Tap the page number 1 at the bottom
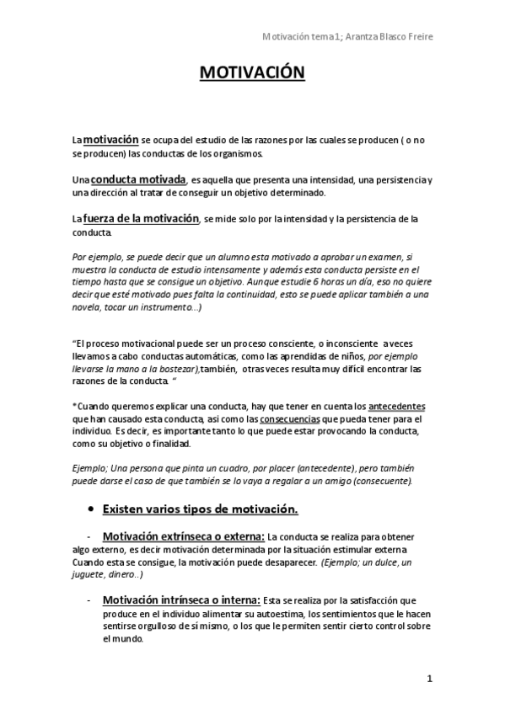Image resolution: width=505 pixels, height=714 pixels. tap(429, 679)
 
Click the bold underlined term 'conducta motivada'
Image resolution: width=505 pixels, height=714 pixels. tap(138, 180)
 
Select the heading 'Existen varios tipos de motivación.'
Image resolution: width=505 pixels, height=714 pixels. tap(199, 509)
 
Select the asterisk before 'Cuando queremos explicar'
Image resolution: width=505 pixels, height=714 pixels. tap(74, 405)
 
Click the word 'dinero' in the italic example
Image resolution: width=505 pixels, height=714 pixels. tap(124, 574)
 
